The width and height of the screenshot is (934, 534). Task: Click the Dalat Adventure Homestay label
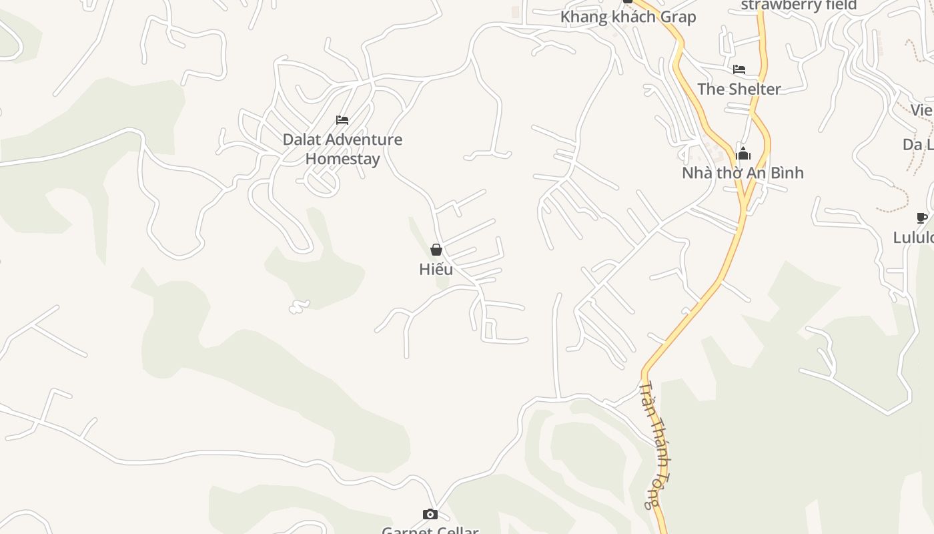342,149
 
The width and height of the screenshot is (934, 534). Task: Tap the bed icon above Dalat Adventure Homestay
342,120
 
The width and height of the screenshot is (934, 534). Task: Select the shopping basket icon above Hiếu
436,250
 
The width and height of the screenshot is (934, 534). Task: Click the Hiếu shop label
436,269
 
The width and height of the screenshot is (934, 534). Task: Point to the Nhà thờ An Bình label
743,173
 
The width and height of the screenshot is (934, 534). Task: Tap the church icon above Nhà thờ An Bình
743,154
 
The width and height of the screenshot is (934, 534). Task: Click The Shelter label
739,89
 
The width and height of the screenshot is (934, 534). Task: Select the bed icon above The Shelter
739,69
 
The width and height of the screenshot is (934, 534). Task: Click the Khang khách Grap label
628,17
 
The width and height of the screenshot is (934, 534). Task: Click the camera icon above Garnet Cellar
430,514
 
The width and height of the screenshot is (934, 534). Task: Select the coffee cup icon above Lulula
922,218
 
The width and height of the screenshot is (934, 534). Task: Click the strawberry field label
799,5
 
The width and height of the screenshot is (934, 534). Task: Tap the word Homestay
342,159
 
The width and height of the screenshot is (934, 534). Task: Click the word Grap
678,17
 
